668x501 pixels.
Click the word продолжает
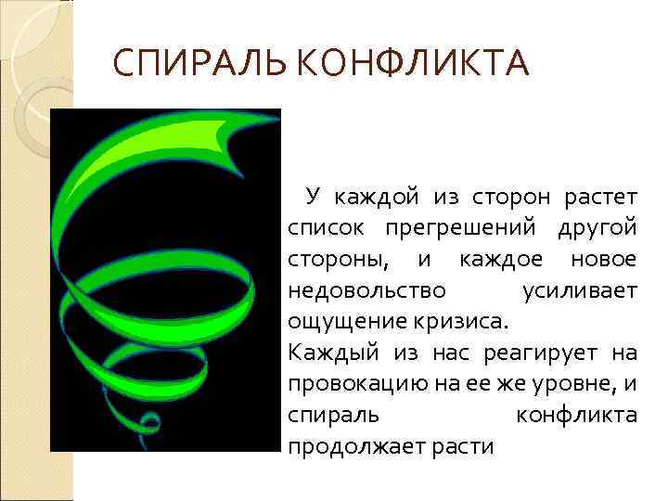(353, 447)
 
